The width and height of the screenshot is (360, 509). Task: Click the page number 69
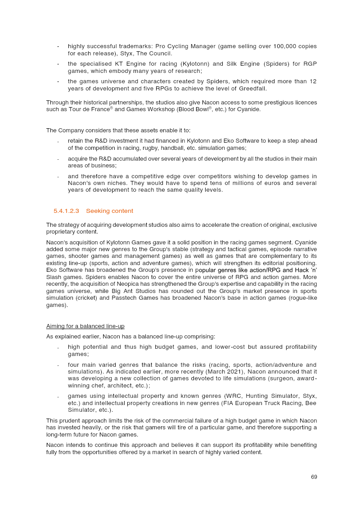[x=314, y=477]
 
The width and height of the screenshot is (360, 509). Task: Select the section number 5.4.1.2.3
[x=66, y=211]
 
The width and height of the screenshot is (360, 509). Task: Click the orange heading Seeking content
[x=109, y=211]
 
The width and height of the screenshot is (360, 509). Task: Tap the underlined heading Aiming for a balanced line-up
[x=85, y=326]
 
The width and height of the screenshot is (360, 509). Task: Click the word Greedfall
[x=252, y=88]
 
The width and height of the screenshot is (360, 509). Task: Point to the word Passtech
[x=191, y=298]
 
